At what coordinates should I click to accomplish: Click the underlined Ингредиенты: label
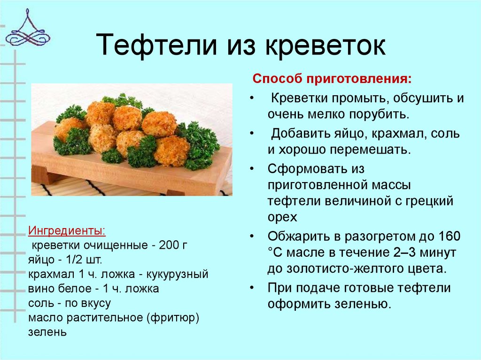(x=67, y=231)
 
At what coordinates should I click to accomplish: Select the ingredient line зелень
(x=47, y=332)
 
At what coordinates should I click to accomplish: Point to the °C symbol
(x=274, y=253)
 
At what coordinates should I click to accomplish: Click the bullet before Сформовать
(x=254, y=168)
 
